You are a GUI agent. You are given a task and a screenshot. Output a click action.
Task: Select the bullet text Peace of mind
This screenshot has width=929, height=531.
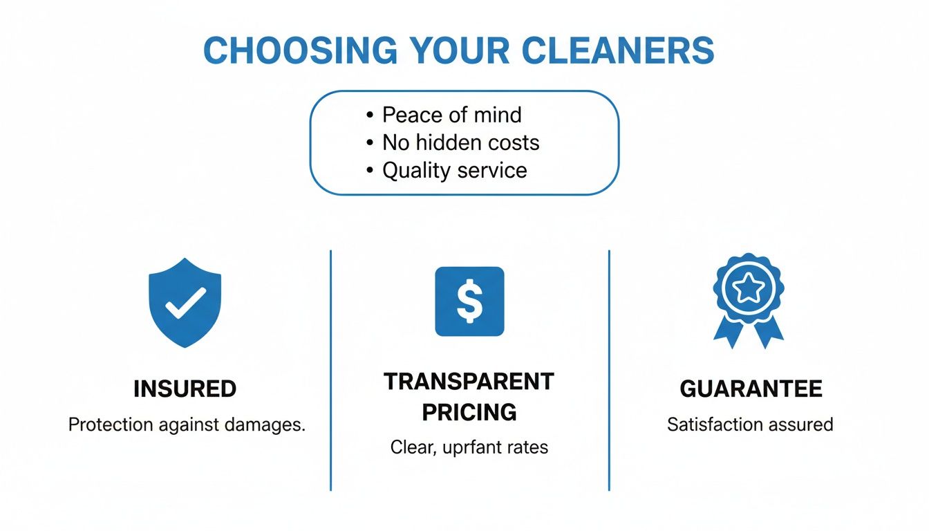point(452,115)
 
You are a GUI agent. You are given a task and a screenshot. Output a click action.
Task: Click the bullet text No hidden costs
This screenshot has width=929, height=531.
point(460,142)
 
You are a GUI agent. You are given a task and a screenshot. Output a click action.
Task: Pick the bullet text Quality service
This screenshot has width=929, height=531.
point(454,170)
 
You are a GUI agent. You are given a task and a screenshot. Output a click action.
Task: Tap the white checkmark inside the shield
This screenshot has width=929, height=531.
point(185,301)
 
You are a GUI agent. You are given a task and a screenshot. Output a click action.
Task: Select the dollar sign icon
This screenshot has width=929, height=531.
point(469,301)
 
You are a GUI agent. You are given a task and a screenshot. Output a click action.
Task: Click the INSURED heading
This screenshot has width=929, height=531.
point(185,389)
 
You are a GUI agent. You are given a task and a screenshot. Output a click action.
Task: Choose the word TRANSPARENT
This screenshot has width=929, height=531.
point(469,382)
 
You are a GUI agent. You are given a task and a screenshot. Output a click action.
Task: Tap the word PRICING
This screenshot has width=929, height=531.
point(469,412)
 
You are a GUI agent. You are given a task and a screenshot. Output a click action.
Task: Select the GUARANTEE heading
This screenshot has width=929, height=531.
point(751,389)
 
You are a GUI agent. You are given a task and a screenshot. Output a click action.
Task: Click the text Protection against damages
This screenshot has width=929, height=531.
point(187,425)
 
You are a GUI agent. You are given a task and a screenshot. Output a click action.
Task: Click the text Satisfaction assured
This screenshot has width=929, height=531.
point(750,424)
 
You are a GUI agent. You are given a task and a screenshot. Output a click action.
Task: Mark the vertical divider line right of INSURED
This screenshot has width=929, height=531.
point(331,370)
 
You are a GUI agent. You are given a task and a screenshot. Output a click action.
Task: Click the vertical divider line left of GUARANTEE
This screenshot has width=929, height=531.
point(609,370)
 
